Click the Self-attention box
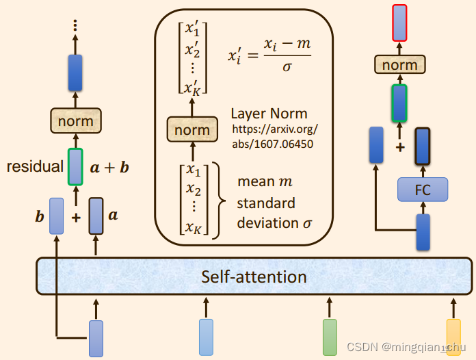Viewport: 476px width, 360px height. (254, 277)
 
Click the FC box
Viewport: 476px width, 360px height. (423, 190)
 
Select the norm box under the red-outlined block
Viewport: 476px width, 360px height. (399, 65)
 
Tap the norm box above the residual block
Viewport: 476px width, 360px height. (75, 122)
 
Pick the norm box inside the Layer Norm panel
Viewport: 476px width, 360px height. (192, 130)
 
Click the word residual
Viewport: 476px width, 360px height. (36, 166)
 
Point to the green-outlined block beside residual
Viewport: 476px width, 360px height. (75, 166)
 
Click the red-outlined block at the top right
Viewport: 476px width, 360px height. (400, 22)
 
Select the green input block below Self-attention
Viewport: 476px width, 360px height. (330, 337)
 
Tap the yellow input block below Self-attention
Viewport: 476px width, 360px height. (453, 337)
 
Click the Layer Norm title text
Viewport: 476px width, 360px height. (269, 114)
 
